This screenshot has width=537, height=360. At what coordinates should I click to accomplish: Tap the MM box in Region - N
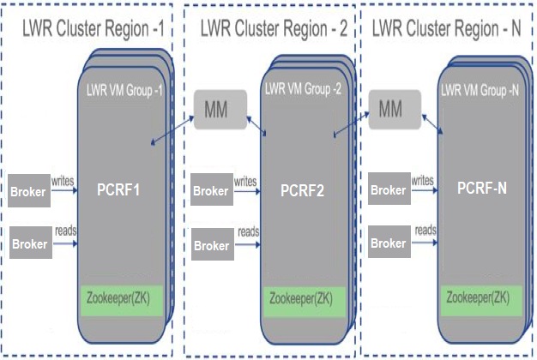[391, 110]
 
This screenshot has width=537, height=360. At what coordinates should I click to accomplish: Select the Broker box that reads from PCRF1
[30, 243]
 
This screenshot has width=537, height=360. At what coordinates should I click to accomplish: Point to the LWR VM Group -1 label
[124, 89]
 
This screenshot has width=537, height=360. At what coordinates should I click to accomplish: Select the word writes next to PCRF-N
[422, 180]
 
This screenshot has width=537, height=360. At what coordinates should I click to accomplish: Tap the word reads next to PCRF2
[249, 231]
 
